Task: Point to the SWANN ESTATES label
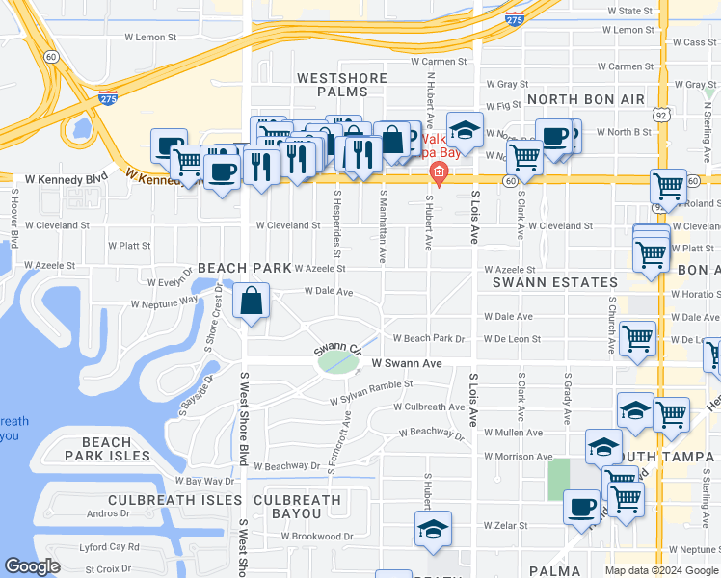(554, 282)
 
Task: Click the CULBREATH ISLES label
(174, 500)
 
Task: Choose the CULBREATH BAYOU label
(297, 508)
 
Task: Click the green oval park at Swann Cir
(335, 362)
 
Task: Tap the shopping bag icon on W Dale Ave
(251, 301)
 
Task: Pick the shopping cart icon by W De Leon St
(637, 339)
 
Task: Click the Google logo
(33, 567)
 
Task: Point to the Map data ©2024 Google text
(660, 570)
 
